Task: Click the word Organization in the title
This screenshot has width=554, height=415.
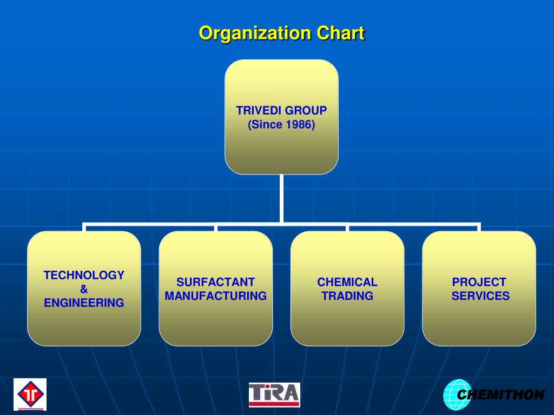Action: [255, 34]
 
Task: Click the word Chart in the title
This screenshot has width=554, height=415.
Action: [340, 34]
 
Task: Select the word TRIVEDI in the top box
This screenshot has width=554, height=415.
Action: [259, 111]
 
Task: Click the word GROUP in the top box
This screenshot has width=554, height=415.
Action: [306, 111]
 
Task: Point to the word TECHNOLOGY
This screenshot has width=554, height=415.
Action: [84, 275]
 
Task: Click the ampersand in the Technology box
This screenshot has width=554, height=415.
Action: [84, 289]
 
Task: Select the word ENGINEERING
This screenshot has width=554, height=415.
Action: [84, 303]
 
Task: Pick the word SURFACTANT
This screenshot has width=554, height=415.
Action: [215, 282]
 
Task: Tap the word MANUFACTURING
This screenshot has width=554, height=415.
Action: [215, 296]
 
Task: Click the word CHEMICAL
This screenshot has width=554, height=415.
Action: [347, 282]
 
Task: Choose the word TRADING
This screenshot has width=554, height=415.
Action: [347, 296]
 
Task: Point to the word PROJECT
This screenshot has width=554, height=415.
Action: [479, 282]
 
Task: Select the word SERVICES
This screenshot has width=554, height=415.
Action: [480, 296]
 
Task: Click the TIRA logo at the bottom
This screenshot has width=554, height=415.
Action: [274, 395]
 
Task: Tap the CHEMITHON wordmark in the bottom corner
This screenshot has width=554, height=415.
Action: [500, 395]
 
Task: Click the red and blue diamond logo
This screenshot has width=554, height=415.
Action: [30, 394]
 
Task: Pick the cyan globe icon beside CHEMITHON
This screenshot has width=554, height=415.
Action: [453, 395]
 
